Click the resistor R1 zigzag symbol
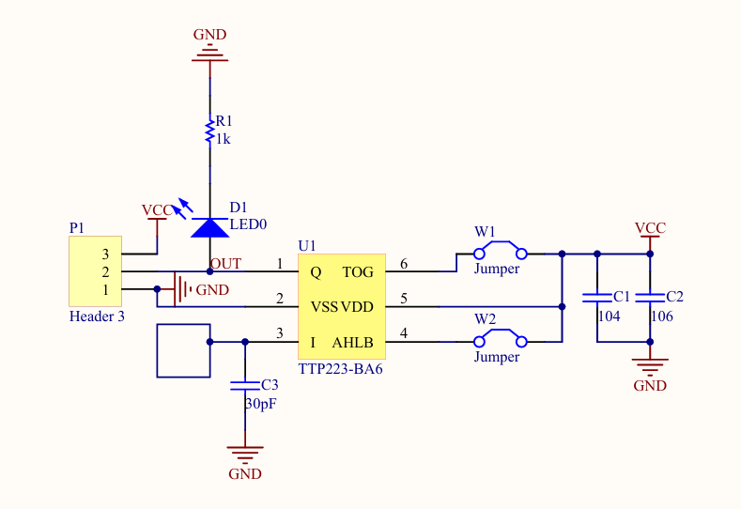point(209,131)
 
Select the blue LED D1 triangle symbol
point(208,226)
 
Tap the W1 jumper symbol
point(499,251)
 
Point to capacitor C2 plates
point(649,297)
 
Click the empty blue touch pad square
point(182,350)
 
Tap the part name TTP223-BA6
point(340,370)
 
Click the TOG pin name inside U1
point(357,272)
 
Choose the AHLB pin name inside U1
point(352,343)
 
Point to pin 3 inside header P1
point(106,254)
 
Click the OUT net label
point(225,263)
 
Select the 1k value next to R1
point(224,139)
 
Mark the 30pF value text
point(261,404)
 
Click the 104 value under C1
point(609,316)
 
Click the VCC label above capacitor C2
point(650,228)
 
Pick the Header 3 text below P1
point(97,316)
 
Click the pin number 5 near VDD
point(404,299)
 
